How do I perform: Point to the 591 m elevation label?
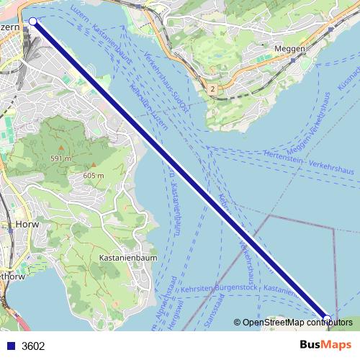pos(60,158)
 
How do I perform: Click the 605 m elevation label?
pos(94,176)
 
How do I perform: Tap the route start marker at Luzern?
pos(32,22)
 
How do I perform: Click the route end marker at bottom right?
pos(328,318)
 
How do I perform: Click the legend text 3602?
pos(33,346)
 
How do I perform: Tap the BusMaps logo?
pos(327,345)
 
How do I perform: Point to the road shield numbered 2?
pos(213,89)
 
